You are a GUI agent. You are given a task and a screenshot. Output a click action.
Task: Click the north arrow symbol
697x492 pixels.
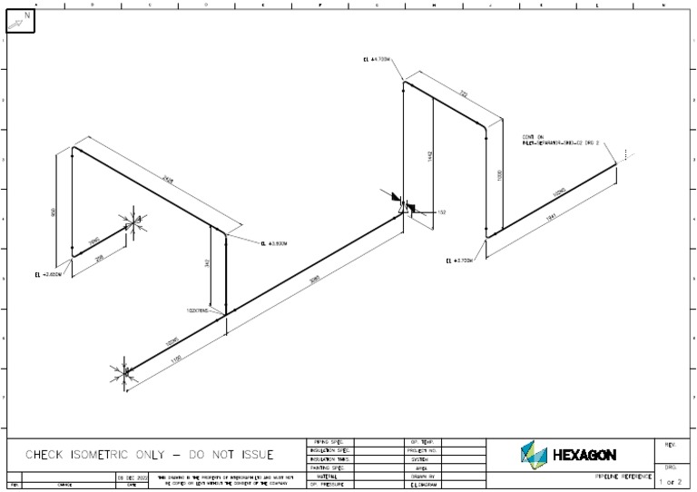pos(22,19)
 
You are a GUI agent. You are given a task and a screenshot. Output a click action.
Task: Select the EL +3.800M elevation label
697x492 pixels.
pos(273,243)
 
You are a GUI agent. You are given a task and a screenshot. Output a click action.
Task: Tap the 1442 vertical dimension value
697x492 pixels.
pos(431,155)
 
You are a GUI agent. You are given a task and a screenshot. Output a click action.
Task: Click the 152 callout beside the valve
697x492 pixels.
pos(442,212)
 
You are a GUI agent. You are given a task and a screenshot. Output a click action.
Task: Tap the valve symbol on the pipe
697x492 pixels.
pos(404,205)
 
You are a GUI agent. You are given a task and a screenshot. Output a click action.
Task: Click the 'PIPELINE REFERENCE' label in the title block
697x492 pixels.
pos(623,476)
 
